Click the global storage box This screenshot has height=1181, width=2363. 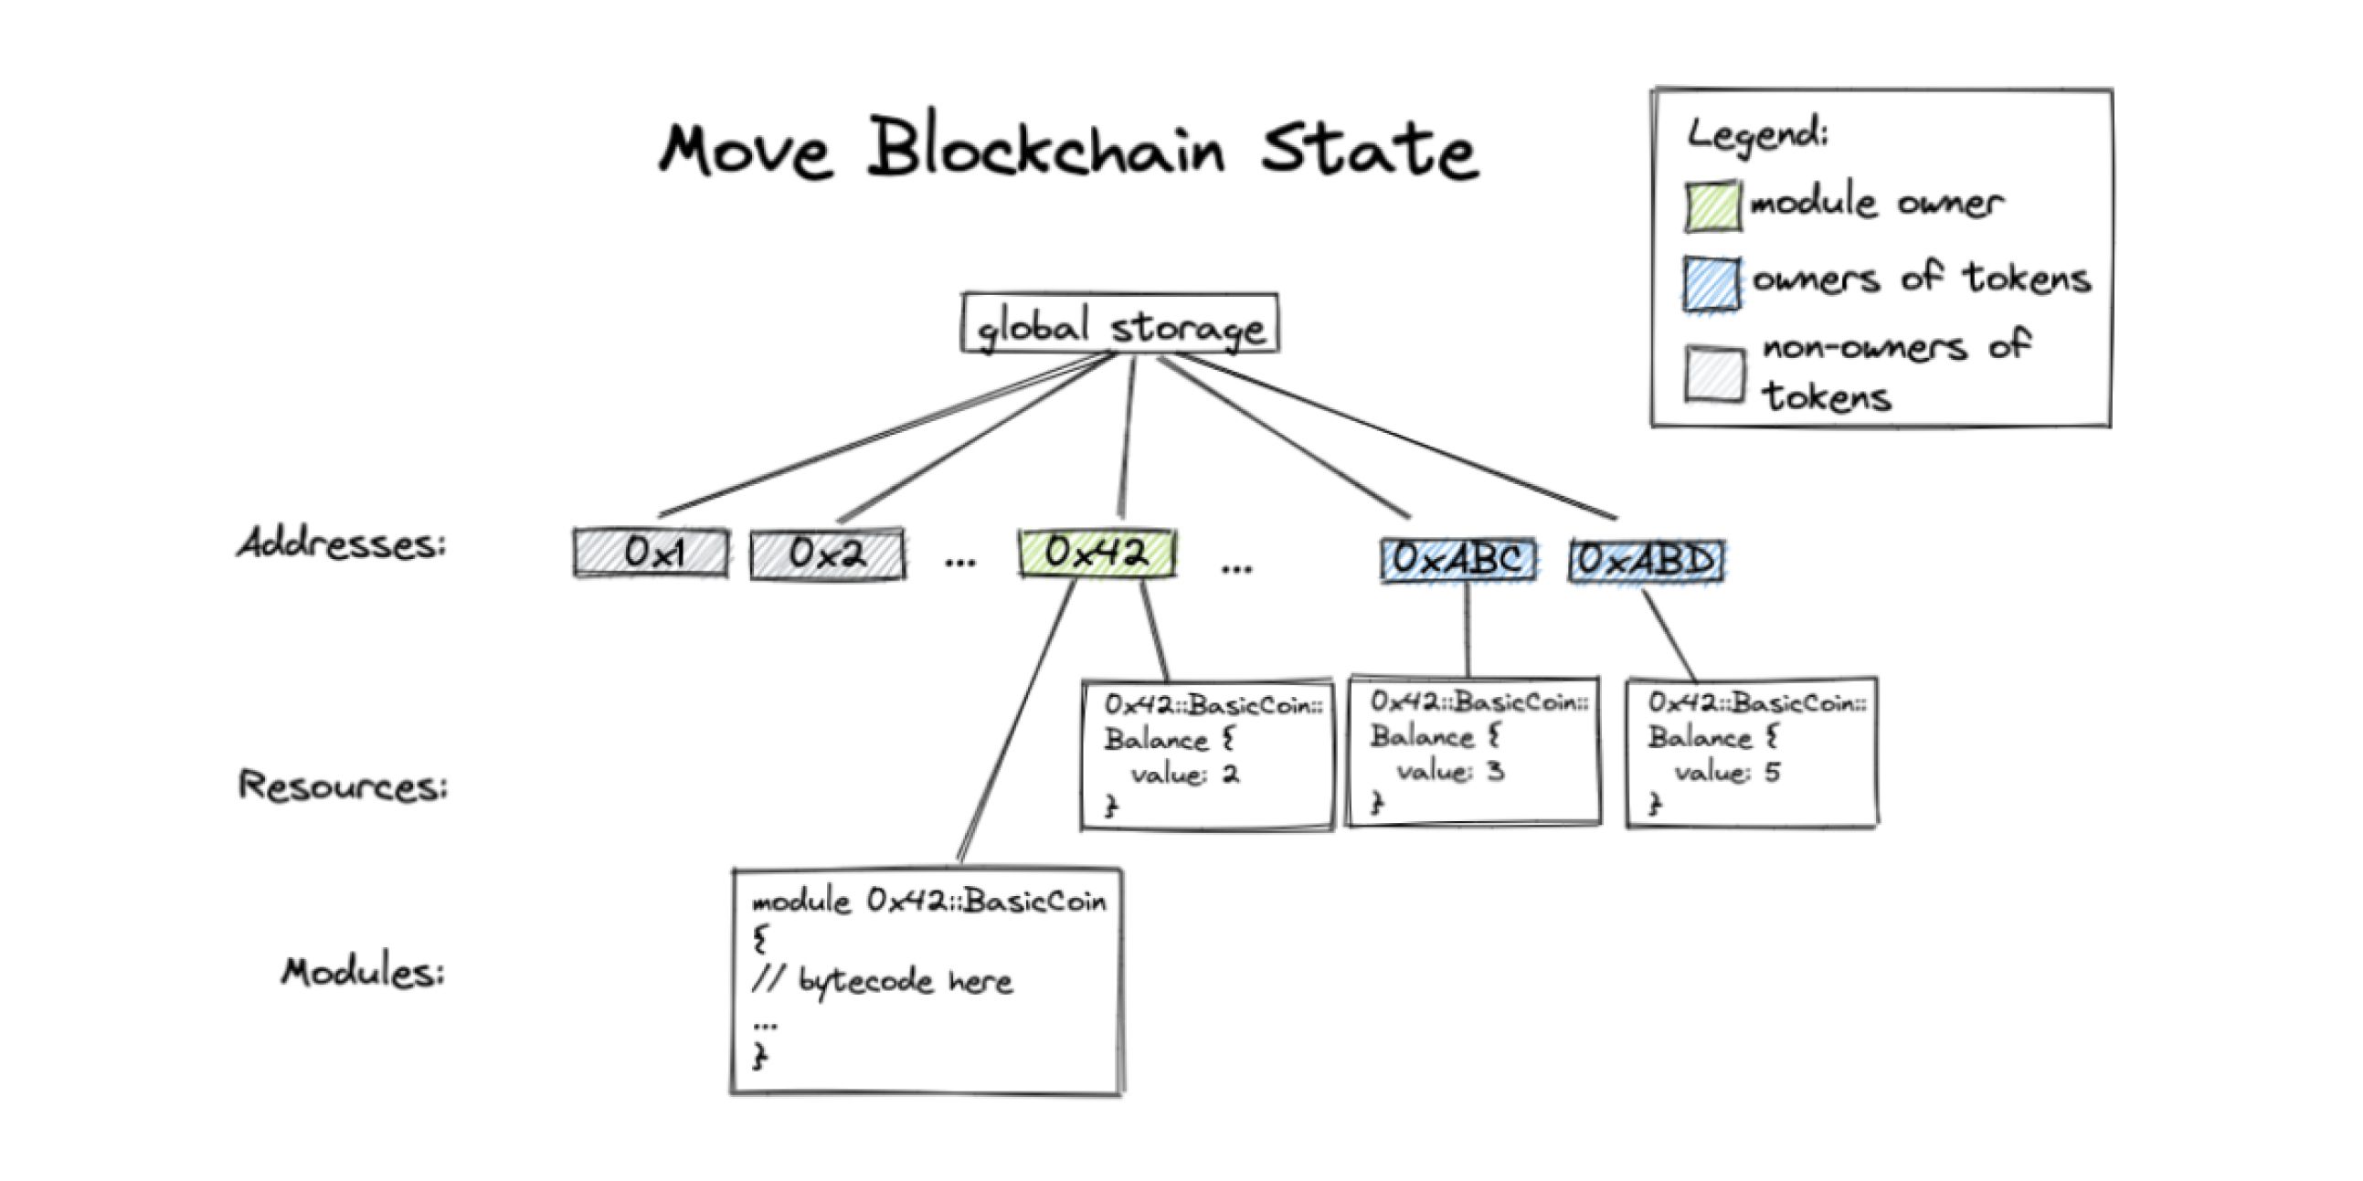1119,322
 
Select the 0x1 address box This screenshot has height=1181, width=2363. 652,553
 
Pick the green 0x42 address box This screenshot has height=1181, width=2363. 1097,553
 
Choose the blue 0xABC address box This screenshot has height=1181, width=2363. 1458,559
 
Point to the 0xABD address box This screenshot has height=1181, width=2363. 1647,559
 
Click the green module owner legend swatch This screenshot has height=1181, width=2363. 1711,206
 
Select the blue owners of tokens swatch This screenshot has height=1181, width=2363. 1711,284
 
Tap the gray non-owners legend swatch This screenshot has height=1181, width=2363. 1713,374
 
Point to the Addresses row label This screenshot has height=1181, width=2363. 341,543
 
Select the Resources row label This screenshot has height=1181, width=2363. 343,785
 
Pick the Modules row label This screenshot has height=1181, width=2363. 363,971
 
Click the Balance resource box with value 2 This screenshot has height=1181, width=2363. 1207,754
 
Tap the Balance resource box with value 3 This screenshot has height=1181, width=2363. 1474,752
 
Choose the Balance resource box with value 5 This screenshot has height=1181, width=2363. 1751,752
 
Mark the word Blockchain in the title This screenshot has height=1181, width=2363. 1045,149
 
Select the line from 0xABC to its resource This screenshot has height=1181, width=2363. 1467,631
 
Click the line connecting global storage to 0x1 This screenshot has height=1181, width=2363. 881,435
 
